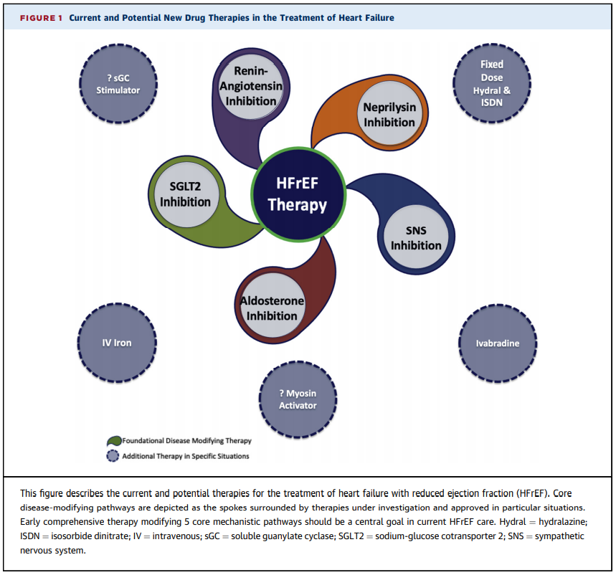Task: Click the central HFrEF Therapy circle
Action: point(297,194)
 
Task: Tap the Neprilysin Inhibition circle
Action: point(389,115)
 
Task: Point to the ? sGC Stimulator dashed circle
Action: point(118,84)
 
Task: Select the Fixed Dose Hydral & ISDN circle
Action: point(492,83)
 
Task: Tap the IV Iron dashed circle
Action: point(116,342)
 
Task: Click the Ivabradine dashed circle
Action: point(497,343)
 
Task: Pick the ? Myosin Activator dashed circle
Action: point(297,400)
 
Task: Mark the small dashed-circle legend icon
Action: point(113,456)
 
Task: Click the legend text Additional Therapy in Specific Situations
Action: point(185,456)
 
